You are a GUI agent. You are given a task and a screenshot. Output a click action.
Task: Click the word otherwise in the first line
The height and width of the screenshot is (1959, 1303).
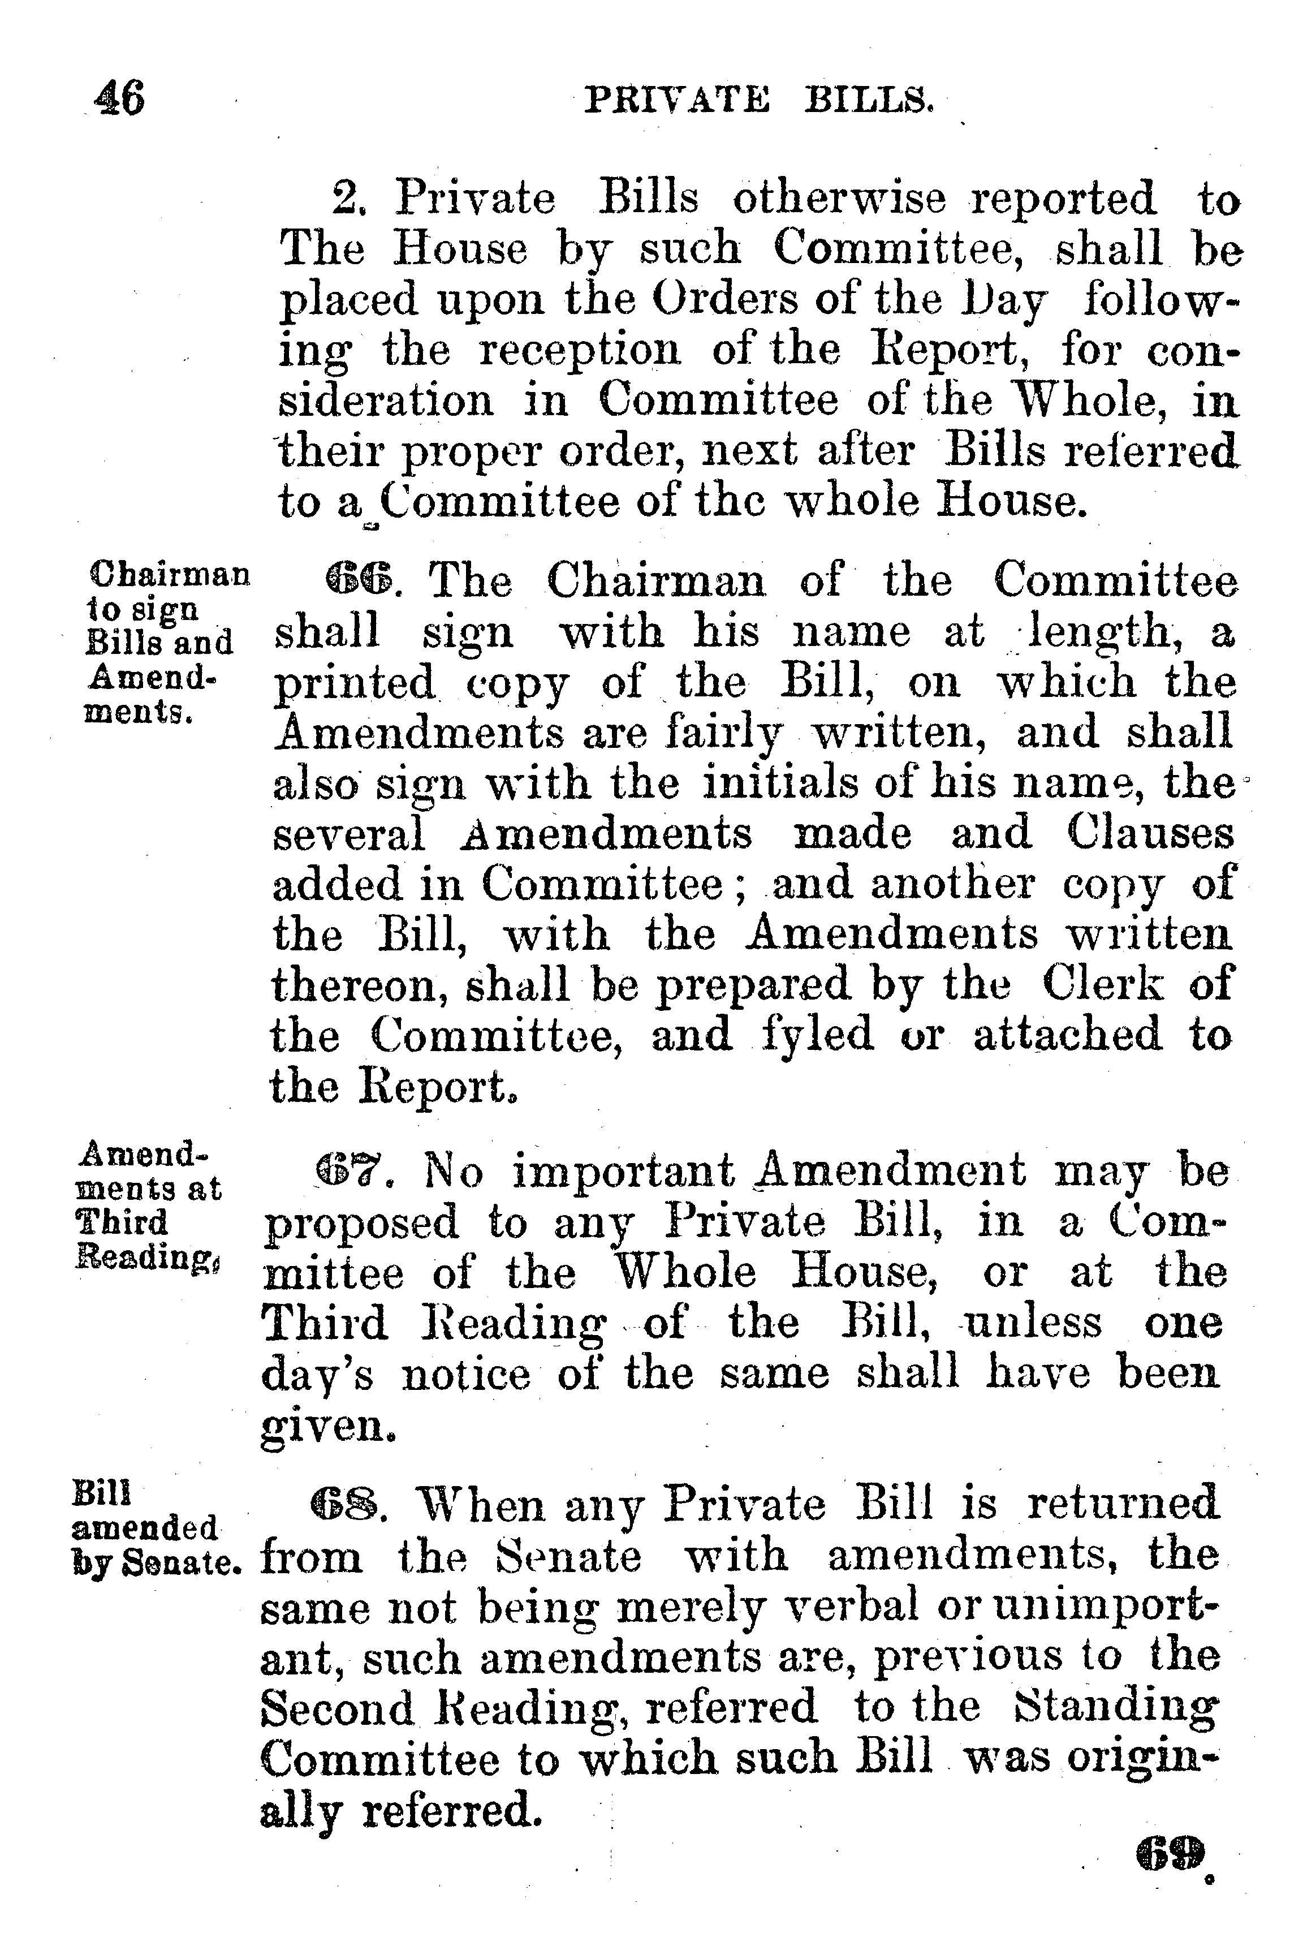click(x=839, y=200)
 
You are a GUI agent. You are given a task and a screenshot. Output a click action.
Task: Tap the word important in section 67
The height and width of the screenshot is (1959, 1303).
click(x=623, y=1172)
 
